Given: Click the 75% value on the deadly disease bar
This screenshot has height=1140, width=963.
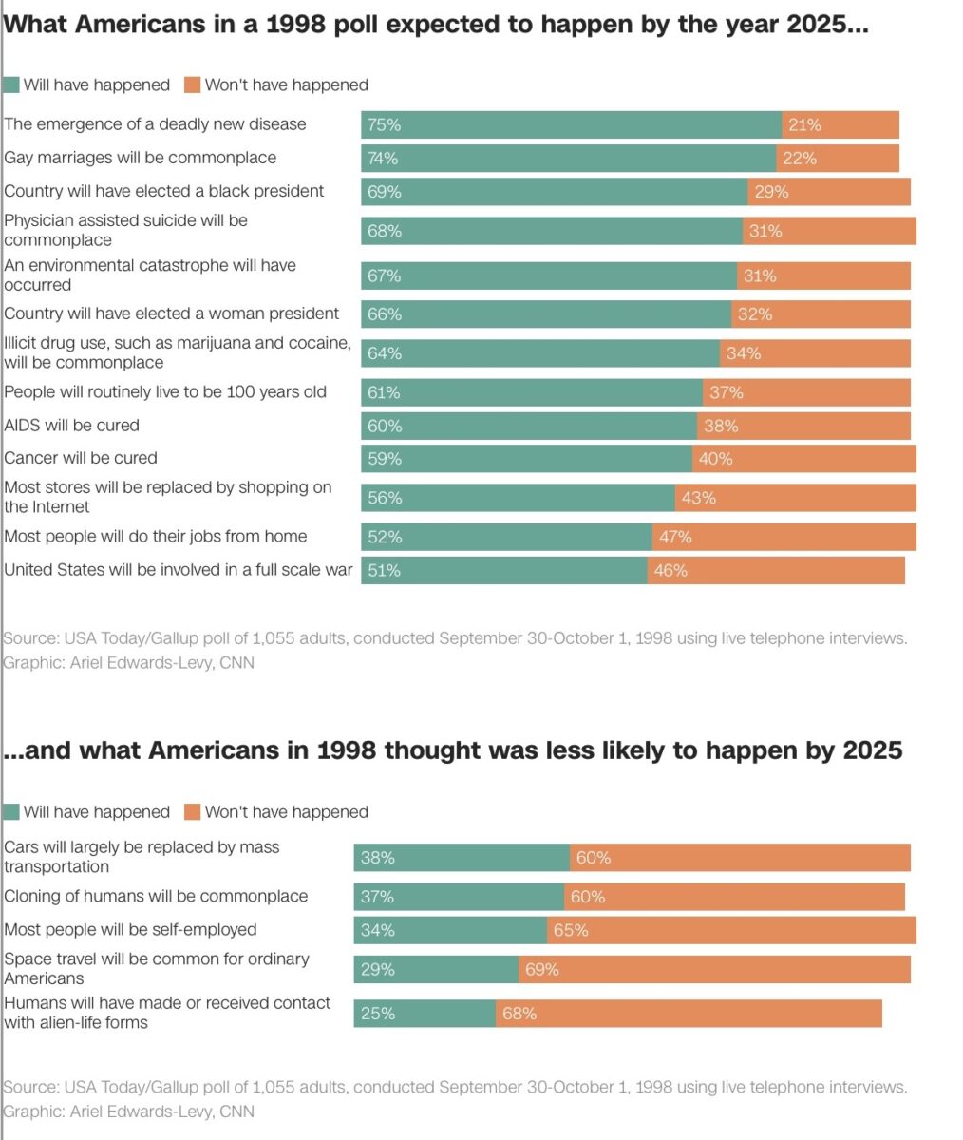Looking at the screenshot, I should pos(385,124).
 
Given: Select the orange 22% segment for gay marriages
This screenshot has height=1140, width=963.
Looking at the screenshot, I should pos(838,159).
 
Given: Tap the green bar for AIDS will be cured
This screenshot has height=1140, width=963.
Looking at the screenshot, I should pos(528,426).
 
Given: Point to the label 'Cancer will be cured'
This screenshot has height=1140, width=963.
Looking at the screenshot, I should pos(81,458).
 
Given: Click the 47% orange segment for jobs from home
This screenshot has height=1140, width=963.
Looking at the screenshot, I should pos(784,537).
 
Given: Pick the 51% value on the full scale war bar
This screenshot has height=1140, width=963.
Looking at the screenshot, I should pos(385,570).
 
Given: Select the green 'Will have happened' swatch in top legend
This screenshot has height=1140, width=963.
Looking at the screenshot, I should pos(11,85).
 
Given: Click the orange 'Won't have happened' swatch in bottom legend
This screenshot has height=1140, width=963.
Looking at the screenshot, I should pos(192,811).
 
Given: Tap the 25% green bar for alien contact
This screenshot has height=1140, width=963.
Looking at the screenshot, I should pos(425,1014).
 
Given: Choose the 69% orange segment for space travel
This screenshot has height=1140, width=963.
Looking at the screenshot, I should pos(714,969).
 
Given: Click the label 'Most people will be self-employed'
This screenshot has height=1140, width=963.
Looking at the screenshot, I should pos(130,929).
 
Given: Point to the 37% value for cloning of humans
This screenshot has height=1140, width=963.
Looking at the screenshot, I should pos(377,897).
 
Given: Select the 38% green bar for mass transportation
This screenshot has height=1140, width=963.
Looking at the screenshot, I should pos(462,858).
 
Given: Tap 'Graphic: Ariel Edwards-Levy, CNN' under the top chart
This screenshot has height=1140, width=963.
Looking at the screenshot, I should pos(128,662).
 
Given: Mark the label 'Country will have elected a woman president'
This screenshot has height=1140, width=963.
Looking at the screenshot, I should pos(171,313).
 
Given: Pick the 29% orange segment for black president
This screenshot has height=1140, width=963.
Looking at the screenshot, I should pos(828,192).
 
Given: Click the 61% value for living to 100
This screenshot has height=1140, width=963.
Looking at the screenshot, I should pos(385,392).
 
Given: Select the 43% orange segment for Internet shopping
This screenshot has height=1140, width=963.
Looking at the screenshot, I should pos(795,498).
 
